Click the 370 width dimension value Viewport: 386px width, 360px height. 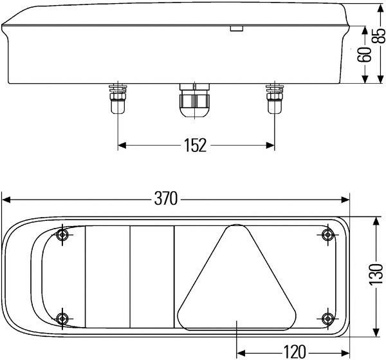point(165,199)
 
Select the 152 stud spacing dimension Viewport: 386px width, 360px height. point(194,146)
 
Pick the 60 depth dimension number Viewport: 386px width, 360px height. point(364,55)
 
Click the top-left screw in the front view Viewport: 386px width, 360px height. point(62,234)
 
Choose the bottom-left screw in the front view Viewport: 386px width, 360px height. point(62,317)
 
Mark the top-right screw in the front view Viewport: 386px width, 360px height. point(328,234)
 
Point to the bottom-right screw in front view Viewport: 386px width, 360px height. point(328,317)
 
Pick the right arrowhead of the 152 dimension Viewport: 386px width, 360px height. point(271,146)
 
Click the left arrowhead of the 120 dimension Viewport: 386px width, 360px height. point(241,351)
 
